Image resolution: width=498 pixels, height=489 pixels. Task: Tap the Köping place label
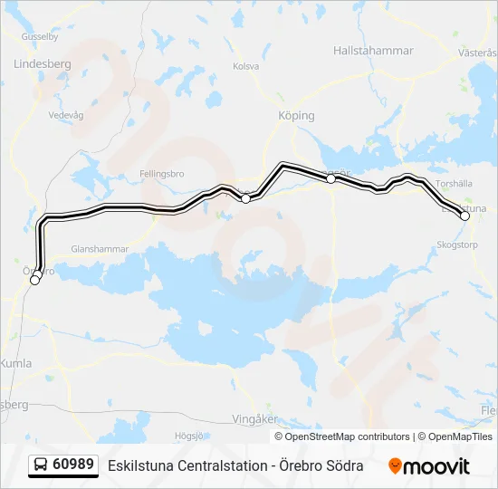coord(296,116)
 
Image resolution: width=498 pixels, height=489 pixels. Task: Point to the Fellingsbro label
coord(162,172)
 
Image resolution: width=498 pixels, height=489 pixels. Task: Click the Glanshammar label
coord(101,248)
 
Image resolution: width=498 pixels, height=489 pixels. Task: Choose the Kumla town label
coord(17,363)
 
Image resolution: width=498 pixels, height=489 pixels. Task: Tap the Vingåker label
coord(255,419)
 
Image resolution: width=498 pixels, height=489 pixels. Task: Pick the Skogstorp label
coord(455,244)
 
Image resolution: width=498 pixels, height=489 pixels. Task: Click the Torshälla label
coord(453,183)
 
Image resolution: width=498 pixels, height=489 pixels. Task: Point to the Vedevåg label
coord(65,116)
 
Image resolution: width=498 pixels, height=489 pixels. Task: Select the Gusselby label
coord(39,37)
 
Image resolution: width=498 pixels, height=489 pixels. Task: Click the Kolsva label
coord(245,66)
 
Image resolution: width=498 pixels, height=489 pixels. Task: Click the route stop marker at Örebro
coord(35,280)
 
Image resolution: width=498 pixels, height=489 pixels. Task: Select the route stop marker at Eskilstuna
coord(465,216)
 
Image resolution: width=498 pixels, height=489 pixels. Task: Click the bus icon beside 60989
coord(41,465)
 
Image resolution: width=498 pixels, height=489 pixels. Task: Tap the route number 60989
coord(73,465)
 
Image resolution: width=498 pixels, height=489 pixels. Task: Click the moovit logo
coord(429,465)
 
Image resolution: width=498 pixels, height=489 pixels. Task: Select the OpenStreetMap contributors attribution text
coord(342,436)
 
